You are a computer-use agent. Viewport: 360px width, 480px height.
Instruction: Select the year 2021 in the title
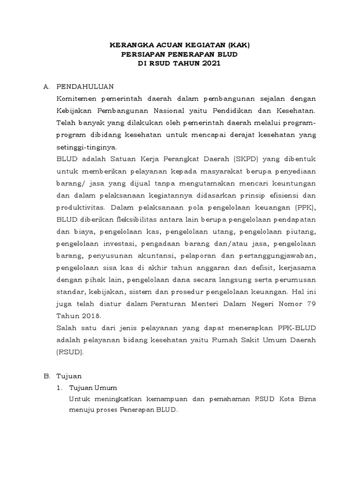(x=211, y=64)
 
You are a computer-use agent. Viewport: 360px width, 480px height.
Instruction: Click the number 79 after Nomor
(x=311, y=303)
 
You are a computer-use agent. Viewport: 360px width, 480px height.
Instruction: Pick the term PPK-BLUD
(x=298, y=327)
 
